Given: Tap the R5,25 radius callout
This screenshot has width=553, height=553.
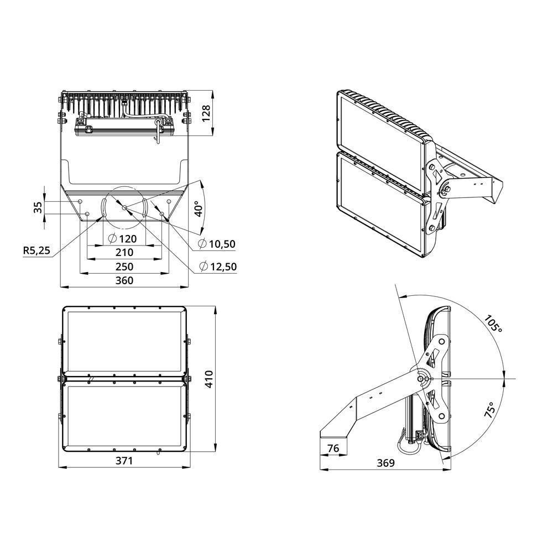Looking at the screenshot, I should pyautogui.click(x=36, y=251).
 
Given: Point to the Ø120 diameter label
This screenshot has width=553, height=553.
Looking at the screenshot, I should pyautogui.click(x=123, y=239).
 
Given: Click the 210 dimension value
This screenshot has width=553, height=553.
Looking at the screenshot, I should pyautogui.click(x=124, y=253).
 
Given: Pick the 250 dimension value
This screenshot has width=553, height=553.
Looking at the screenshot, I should pyautogui.click(x=124, y=267).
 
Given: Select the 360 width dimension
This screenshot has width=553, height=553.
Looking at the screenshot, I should pyautogui.click(x=124, y=280).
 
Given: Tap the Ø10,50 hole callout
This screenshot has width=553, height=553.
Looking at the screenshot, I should pyautogui.click(x=217, y=244).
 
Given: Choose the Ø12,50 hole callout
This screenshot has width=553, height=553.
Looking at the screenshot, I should pyautogui.click(x=217, y=267).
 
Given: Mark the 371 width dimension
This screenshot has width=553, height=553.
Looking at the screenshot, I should pyautogui.click(x=124, y=461).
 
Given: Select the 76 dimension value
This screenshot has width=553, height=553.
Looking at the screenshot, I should pyautogui.click(x=333, y=449).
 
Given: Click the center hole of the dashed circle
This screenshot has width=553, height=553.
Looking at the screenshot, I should pyautogui.click(x=124, y=207).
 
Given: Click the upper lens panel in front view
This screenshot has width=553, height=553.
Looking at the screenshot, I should pyautogui.click(x=124, y=341).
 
